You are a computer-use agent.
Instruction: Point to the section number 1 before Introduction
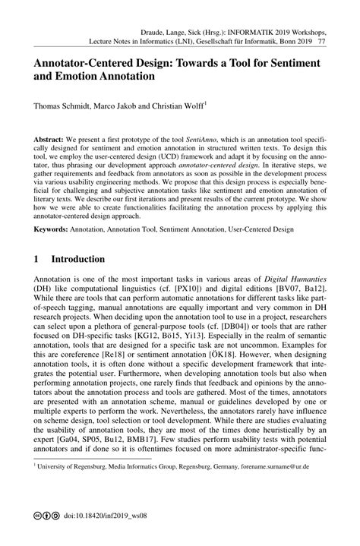(x=36, y=259)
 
